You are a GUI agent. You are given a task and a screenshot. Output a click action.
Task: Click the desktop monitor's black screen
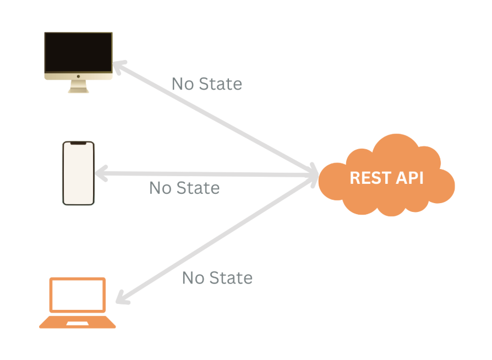coord(78,53)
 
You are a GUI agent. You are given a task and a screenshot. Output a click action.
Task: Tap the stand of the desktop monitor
coord(78,87)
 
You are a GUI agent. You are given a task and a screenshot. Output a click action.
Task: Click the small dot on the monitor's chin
coord(78,77)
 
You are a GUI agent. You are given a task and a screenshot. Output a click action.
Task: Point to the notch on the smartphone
coord(78,144)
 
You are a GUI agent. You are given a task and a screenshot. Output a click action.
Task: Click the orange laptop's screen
coord(78,295)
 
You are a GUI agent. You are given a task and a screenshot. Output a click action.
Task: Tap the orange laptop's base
coord(78,322)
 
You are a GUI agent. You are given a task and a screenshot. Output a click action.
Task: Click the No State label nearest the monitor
coord(206,84)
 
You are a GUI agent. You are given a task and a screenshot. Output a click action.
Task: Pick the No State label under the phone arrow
coord(184,188)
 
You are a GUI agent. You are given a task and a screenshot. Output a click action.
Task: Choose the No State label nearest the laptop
coord(217,277)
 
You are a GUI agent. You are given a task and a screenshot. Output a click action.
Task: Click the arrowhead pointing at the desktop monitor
coord(118,67)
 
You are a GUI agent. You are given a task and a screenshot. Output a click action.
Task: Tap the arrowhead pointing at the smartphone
coord(101,173)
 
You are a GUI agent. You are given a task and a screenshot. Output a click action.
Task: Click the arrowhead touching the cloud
coord(313,173)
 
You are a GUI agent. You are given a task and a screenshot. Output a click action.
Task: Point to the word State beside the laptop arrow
coord(231,277)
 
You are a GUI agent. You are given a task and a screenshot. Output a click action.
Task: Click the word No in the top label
coord(183,84)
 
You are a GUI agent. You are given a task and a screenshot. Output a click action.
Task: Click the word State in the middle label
coord(198,188)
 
